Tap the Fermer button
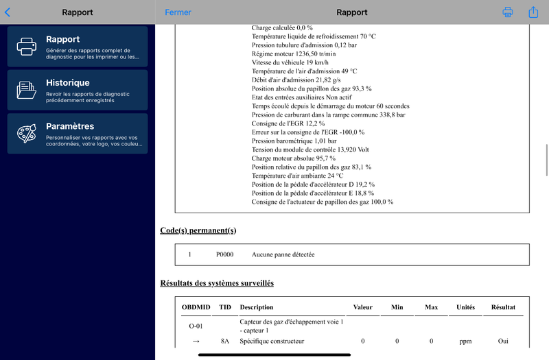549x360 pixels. [178, 12]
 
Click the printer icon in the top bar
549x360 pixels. [508, 12]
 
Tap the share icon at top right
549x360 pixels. [533, 12]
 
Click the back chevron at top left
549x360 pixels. [8, 12]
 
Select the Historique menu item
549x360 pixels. [78, 90]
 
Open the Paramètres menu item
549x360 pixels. [78, 133]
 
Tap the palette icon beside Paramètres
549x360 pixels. [26, 133]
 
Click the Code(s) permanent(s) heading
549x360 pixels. [198, 230]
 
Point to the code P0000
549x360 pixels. [224, 254]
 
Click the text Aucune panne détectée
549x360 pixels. [283, 254]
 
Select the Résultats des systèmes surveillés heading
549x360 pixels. [217, 283]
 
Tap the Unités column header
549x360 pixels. [466, 307]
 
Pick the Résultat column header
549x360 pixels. [503, 307]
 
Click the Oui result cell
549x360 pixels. [503, 341]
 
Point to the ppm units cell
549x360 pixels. [466, 341]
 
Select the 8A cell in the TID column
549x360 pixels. [224, 341]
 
